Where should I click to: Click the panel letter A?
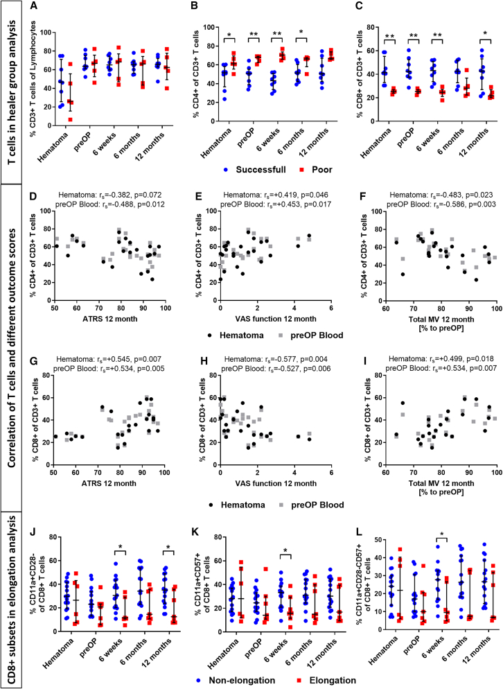click(34, 6)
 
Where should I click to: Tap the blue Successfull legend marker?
click(225, 170)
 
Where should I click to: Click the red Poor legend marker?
click(302, 170)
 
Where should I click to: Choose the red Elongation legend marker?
click(301, 680)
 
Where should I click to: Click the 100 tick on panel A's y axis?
click(45, 33)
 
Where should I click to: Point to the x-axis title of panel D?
click(110, 319)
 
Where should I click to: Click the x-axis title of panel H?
click(276, 483)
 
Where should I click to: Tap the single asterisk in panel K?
click(285, 551)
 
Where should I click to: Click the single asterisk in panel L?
click(441, 534)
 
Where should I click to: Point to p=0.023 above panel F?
click(479, 195)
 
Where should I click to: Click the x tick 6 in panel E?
click(330, 308)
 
